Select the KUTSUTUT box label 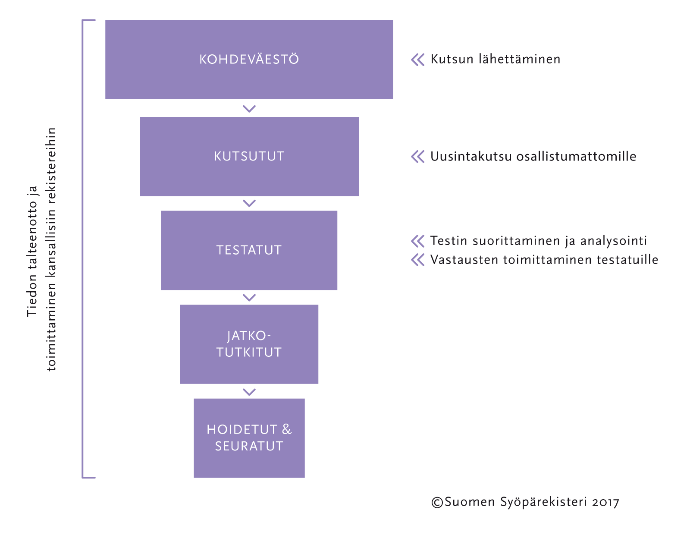tap(249, 156)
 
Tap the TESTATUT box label tap(249, 250)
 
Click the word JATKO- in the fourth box tap(249, 336)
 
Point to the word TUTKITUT tap(249, 352)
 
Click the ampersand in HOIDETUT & tap(287, 429)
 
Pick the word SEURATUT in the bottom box tap(249, 446)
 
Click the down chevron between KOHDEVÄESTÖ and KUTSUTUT tap(249, 109)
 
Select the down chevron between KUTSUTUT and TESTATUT tap(249, 203)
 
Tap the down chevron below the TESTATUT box tap(249, 297)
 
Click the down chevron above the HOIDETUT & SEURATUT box tap(249, 392)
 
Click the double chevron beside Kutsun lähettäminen tap(417, 60)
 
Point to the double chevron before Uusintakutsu tap(417, 157)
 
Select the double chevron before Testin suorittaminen tap(417, 241)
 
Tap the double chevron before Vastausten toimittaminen tap(417, 260)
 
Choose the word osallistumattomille tap(576, 156)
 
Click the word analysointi tap(614, 241)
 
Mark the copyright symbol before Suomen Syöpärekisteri tap(437, 502)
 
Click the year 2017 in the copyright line tap(605, 503)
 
